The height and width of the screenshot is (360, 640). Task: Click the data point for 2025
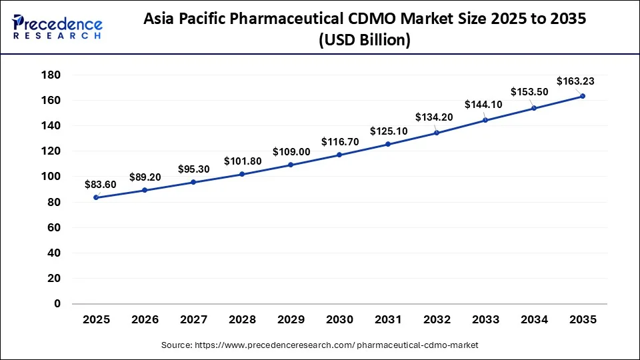tap(96, 197)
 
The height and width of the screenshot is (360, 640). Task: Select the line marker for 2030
tap(339, 155)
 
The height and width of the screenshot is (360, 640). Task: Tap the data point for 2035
tap(583, 96)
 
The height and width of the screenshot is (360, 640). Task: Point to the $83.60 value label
tap(100, 185)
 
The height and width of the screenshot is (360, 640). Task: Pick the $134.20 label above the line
tap(433, 117)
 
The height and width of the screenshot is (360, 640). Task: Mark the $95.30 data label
tap(193, 169)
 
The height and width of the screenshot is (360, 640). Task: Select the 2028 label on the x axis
tap(242, 320)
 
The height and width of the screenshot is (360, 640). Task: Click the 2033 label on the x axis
tap(485, 320)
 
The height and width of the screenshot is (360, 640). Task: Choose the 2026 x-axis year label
tap(145, 320)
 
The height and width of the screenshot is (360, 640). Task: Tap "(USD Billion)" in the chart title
tap(364, 41)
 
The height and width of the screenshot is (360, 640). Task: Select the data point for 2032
tap(437, 133)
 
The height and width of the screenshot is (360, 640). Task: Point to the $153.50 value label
tap(529, 93)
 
